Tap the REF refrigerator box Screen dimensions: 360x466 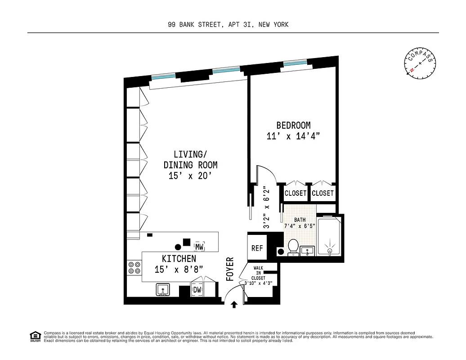pos(257,248)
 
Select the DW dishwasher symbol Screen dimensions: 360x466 pos(197,290)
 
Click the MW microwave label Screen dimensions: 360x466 pos(199,247)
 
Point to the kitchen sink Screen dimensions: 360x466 pos(162,289)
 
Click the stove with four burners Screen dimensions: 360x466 pos(134,268)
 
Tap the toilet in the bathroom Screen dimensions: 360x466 pos(293,247)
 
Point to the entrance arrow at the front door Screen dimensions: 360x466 pos(234,305)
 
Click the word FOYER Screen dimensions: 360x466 pos(230,269)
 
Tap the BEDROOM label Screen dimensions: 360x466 pos(293,125)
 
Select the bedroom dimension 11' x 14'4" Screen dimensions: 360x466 pos(293,136)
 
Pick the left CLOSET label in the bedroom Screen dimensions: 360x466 pos(296,193)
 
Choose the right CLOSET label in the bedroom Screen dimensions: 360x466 pos(323,193)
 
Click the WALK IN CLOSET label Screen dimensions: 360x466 pos(259,273)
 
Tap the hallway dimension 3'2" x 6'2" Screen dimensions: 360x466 pos(267,208)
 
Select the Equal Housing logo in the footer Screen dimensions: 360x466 pos(35,336)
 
